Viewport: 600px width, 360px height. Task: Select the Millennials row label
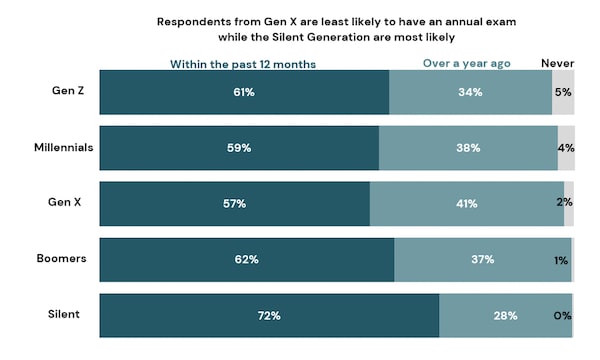tap(62, 147)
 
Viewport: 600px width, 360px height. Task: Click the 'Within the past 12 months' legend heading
tap(244, 64)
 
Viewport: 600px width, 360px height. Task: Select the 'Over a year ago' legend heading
tap(466, 64)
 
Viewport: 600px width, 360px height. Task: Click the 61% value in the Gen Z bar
tap(244, 92)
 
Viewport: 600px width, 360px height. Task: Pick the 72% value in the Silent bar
tap(268, 316)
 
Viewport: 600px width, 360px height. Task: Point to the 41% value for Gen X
tap(467, 204)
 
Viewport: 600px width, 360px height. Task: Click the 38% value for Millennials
tap(468, 148)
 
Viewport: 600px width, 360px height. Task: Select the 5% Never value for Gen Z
tap(563, 92)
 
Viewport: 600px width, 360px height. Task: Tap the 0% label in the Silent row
tap(562, 316)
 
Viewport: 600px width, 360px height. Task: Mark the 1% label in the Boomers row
tap(563, 260)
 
